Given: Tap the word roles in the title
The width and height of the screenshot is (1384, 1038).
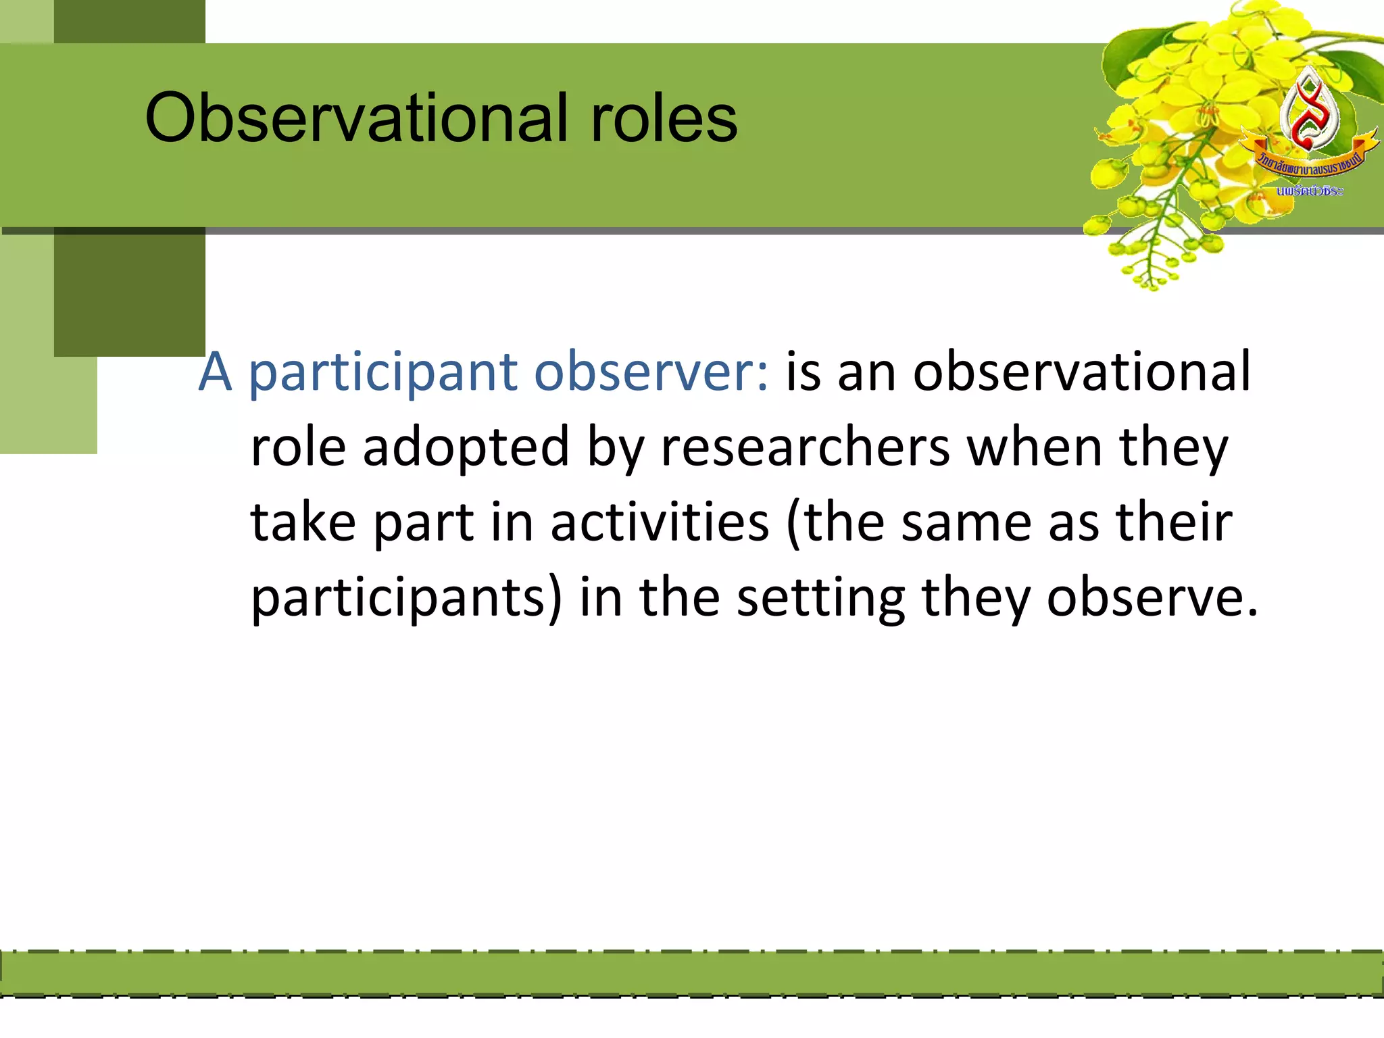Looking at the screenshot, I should click(x=664, y=119).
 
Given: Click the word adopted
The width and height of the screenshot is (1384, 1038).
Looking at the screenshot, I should click(x=466, y=449).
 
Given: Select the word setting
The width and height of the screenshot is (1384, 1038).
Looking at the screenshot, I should click(x=820, y=599).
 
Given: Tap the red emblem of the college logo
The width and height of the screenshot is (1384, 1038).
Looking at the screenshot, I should click(x=1310, y=112).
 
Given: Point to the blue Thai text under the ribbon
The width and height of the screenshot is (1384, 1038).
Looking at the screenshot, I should click(x=1309, y=191).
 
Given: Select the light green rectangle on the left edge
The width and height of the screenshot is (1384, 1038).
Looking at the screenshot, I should click(x=27, y=378).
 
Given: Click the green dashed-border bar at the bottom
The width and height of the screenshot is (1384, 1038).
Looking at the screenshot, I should click(x=692, y=973).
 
